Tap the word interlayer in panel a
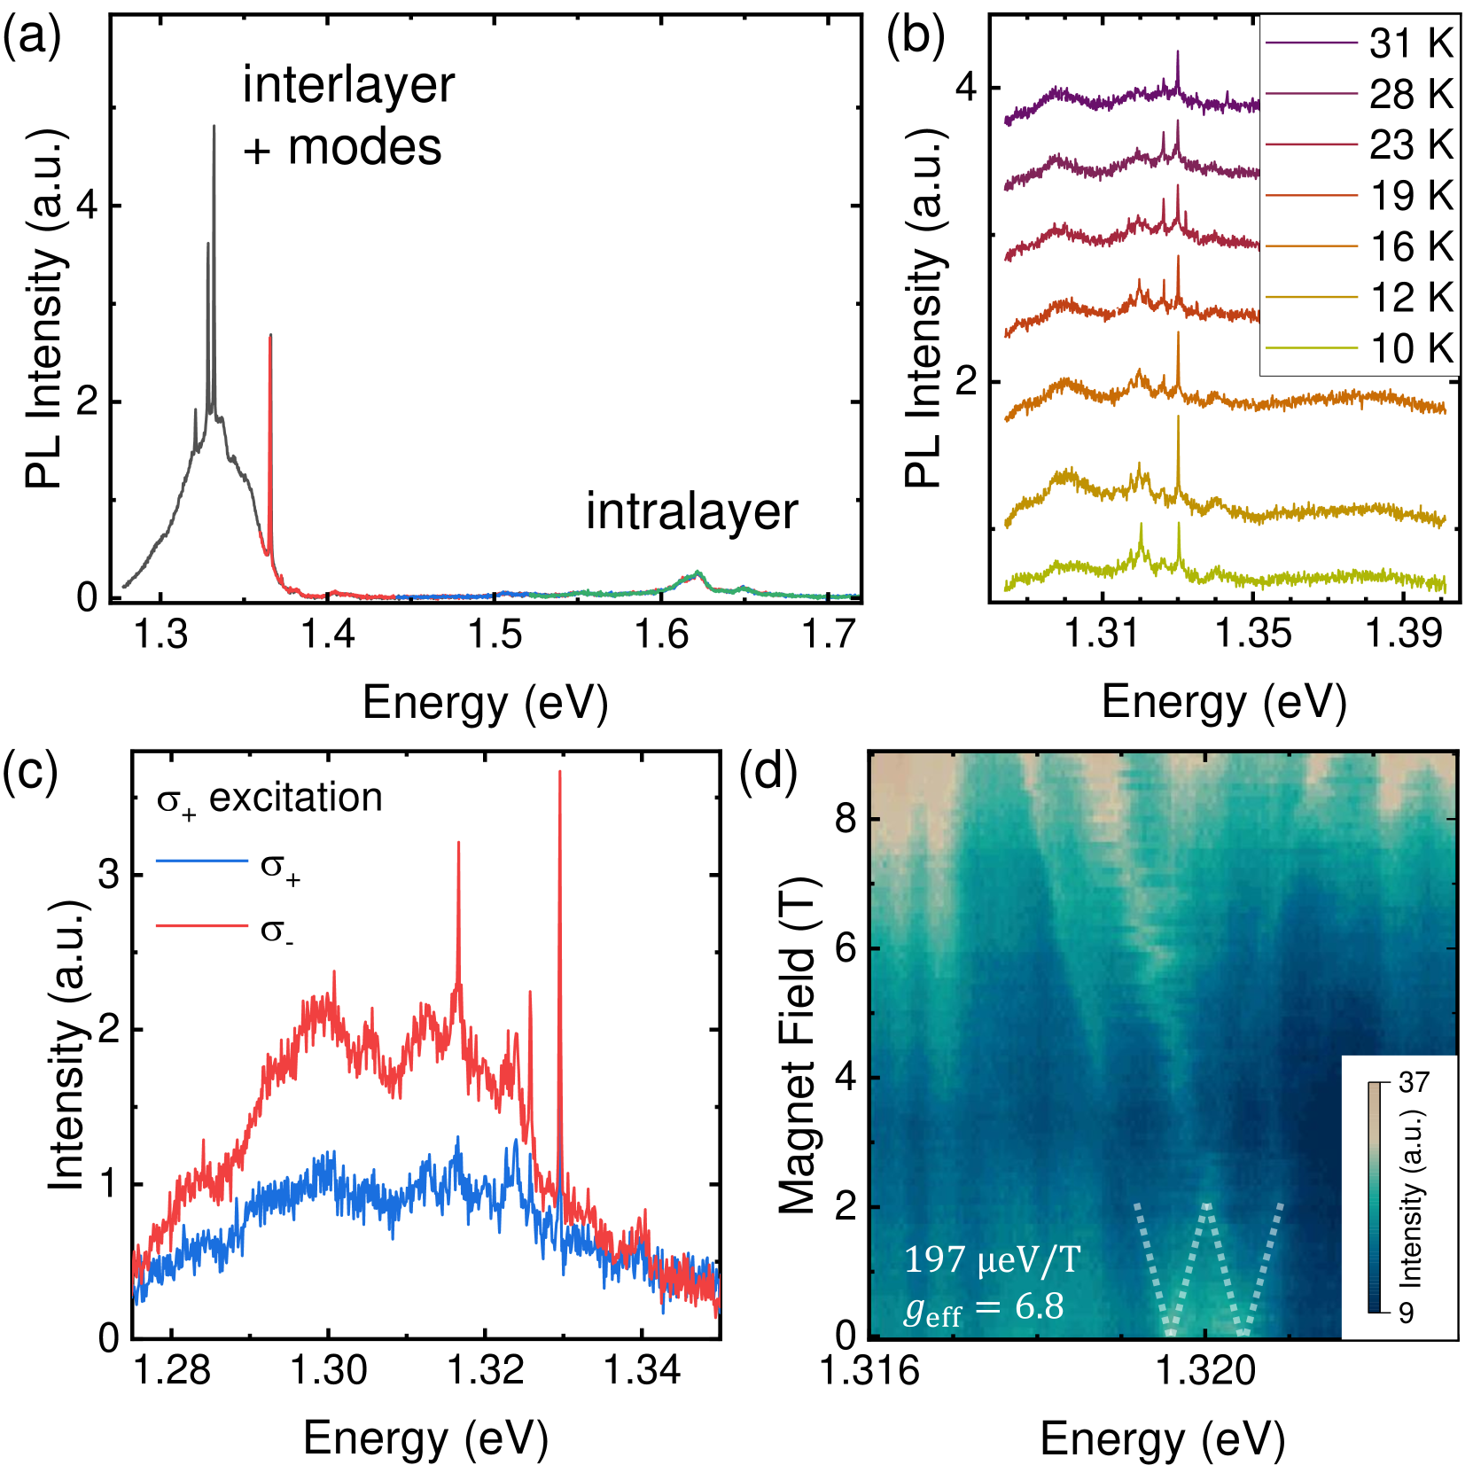coord(348,85)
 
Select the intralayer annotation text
coord(691,512)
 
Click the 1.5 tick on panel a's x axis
coord(495,635)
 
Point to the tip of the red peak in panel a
coord(270,336)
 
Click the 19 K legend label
coord(1410,196)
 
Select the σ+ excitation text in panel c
coord(269,799)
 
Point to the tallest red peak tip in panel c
coord(559,773)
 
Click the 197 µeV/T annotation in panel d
coord(993,1259)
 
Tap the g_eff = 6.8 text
coord(984,1307)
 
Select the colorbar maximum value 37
coord(1414,1082)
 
